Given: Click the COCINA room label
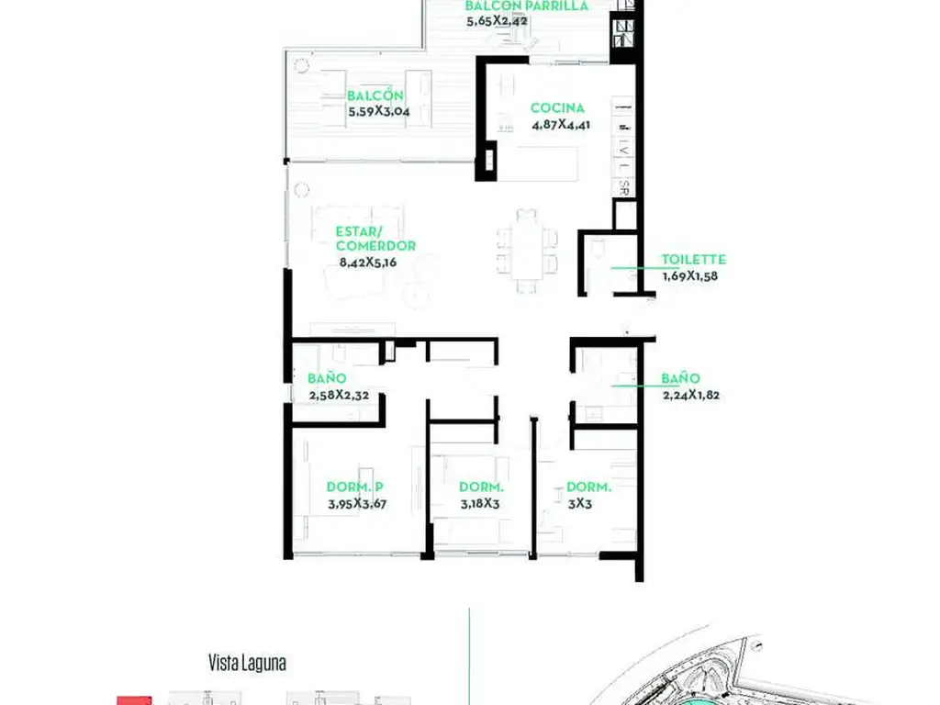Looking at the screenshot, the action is coord(557,108).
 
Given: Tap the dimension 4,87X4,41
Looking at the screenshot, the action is coord(561,125).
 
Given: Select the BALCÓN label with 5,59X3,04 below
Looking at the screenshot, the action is coord(375,95).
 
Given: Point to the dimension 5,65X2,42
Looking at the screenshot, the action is coord(497,21).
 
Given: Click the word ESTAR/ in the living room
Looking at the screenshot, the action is coord(359,231).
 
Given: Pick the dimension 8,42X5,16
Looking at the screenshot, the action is coord(367,262).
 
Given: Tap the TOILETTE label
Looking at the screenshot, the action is coord(694,260).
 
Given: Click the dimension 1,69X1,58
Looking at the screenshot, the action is coord(690,275).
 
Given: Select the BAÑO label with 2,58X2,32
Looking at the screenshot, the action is coord(327,378).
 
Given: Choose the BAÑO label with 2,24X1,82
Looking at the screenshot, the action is coord(680,378).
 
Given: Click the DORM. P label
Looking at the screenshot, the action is coord(354,487).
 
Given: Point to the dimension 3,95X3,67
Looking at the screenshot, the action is coord(357,504).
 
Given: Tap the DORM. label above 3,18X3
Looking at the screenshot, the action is coord(481,487).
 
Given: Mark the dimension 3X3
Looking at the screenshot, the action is coord(580,504).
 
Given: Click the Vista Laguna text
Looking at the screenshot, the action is coord(247,663).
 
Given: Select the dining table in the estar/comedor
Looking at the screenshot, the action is coord(527,251).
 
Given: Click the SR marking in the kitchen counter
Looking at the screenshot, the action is coord(624,187).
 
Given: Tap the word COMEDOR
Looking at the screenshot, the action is coord(375,246).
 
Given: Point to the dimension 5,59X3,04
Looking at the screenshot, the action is coord(379,111).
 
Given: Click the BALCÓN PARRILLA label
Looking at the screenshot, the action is coord(526,6).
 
